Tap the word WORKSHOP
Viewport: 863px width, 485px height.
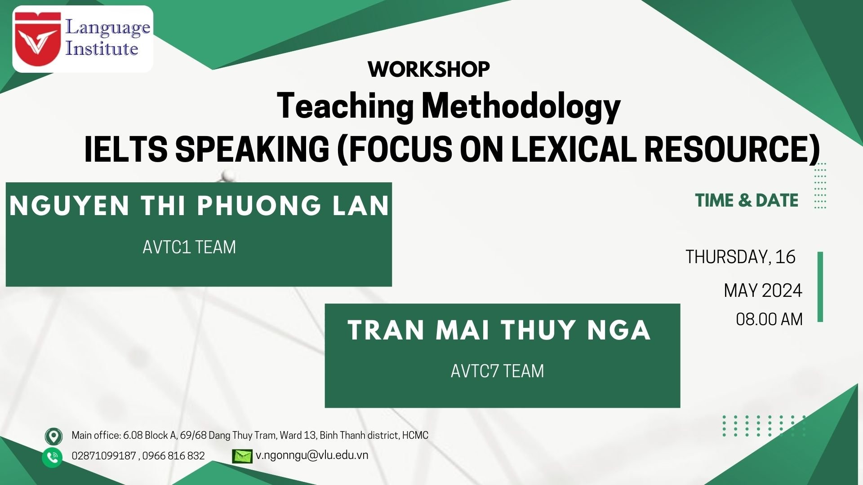[429, 69]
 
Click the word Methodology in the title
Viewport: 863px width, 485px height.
[521, 106]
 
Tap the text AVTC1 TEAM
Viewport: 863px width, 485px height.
[189, 247]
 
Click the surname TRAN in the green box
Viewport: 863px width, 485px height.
[387, 330]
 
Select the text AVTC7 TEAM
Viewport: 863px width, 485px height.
[498, 371]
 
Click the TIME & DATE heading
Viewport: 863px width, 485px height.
[747, 200]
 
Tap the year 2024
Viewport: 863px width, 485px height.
[782, 291]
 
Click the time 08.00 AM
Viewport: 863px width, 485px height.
[769, 319]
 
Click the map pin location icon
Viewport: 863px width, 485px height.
[53, 436]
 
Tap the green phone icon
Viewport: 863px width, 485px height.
[53, 457]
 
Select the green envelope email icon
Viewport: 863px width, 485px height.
[242, 456]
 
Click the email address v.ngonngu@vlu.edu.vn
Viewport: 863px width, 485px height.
[312, 455]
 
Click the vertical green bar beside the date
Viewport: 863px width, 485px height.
[820, 287]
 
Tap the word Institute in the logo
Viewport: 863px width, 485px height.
[102, 48]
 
